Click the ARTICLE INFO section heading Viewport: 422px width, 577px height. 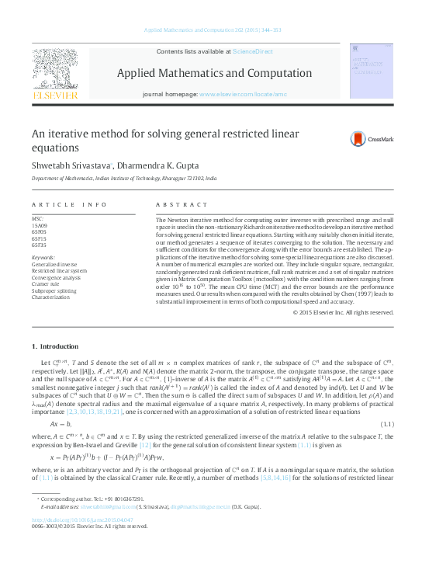point(68,204)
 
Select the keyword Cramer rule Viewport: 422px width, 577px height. point(47,284)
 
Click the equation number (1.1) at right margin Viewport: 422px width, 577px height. point(382,424)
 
